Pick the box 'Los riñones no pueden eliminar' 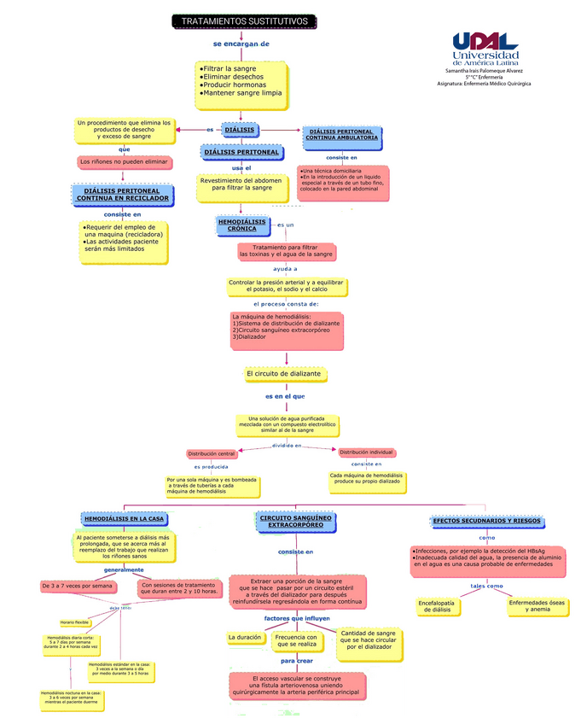point(124,161)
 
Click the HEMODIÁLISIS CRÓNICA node point(242,225)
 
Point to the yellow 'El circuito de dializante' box point(283,374)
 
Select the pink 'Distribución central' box point(211,453)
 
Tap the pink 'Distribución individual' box point(367,452)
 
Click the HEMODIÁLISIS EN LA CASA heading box point(125,518)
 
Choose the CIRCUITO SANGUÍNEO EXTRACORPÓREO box point(295,521)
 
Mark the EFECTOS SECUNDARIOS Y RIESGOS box point(487,521)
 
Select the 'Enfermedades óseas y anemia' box point(538,605)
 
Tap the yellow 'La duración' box point(244,638)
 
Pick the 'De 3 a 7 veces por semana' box point(78,587)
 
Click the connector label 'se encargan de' point(241,44)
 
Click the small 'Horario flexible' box point(74,622)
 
